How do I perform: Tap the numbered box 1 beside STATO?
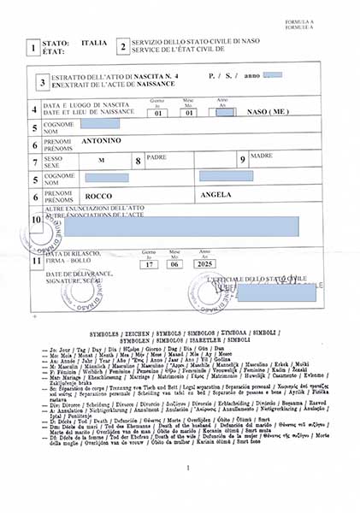pos(32,48)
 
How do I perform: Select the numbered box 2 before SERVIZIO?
pos(123,47)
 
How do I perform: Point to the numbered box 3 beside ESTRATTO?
pos(43,83)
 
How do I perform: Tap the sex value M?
pos(101,160)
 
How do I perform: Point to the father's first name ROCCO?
pos(99,197)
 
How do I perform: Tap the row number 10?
pos(35,220)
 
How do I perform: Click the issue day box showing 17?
pos(150,264)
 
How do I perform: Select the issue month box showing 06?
pos(174,264)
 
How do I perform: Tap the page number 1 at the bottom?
pos(186,468)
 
